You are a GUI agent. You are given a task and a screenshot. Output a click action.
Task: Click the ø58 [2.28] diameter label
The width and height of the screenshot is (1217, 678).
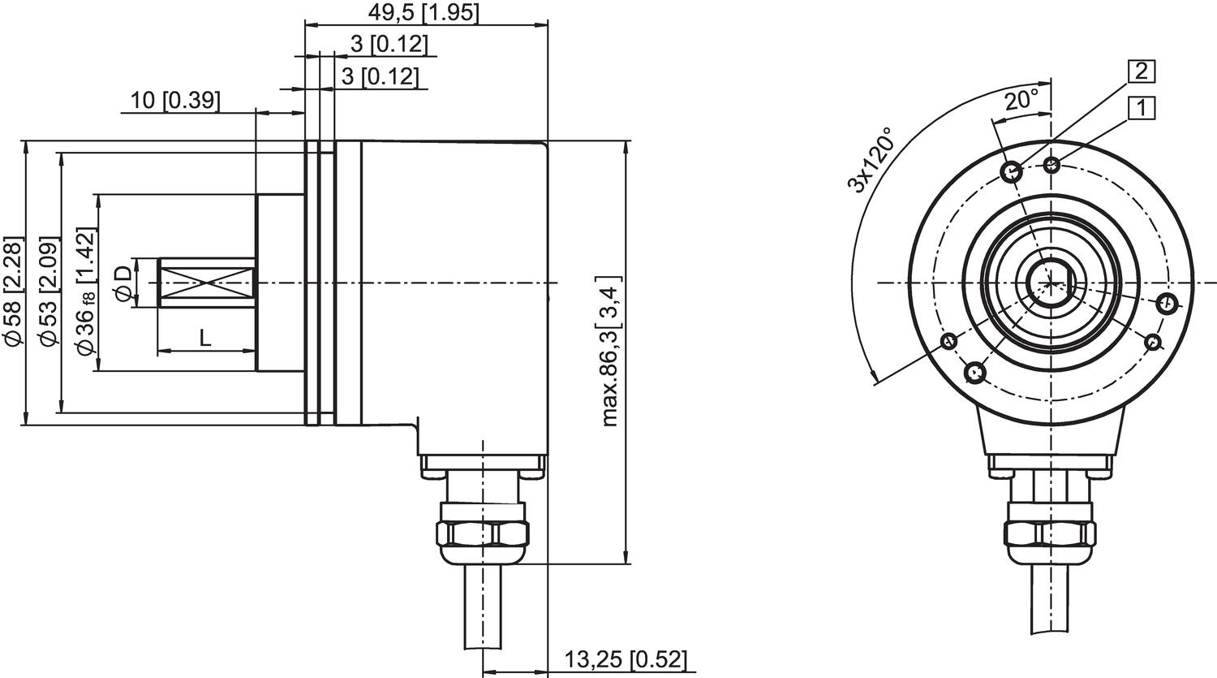pos(13,291)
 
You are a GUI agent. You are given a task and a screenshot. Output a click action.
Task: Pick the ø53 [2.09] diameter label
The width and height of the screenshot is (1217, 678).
pos(49,293)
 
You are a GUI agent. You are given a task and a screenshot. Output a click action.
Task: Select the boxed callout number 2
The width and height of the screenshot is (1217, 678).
pos(1141,71)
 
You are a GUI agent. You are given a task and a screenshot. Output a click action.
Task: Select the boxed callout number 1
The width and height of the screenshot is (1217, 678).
pos(1141,106)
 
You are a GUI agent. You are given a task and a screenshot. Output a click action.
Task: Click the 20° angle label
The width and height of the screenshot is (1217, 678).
pos(1021,101)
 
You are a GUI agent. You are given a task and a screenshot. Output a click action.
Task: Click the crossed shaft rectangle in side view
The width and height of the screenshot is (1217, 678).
pos(206,283)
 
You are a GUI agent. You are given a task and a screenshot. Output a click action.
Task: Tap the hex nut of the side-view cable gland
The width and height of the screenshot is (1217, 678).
pos(482,533)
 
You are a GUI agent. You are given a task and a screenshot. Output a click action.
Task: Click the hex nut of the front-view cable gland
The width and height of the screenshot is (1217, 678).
pos(1050,533)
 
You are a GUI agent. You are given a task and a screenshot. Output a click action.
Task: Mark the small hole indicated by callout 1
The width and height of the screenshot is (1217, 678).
pos(1052,166)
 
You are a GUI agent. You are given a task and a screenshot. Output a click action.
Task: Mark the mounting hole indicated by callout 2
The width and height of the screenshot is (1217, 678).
pos(1012,171)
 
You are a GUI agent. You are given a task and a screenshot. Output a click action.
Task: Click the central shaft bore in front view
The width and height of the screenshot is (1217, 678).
pos(1050,283)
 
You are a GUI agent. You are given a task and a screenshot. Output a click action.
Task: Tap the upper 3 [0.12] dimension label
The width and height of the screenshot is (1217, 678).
pos(388,44)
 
